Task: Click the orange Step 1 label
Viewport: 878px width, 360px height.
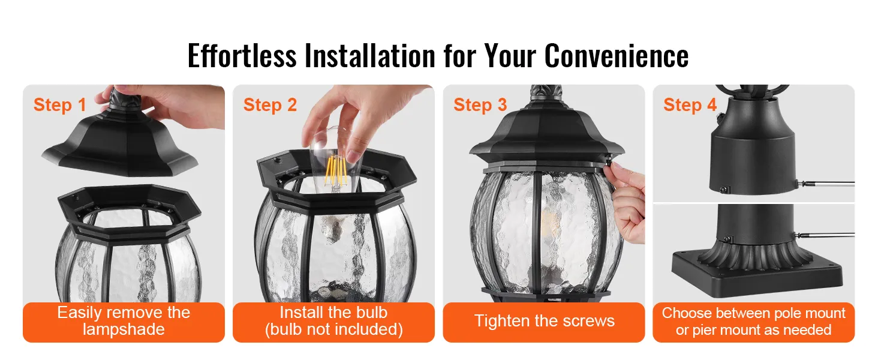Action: pyautogui.click(x=59, y=105)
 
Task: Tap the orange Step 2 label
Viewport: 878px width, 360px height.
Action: pyautogui.click(x=270, y=105)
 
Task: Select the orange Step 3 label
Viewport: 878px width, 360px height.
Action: pyautogui.click(x=480, y=105)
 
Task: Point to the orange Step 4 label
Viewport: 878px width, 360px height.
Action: pyautogui.click(x=690, y=105)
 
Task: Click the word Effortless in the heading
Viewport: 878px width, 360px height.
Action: pyautogui.click(x=242, y=56)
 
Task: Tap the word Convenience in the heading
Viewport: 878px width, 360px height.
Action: pyautogui.click(x=616, y=56)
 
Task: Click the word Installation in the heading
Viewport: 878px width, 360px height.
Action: pyautogui.click(x=370, y=56)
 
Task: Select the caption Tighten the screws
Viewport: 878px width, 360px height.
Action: pyautogui.click(x=544, y=321)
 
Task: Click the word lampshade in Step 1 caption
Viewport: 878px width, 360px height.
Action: pyautogui.click(x=124, y=329)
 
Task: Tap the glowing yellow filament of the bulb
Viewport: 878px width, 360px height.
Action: pyautogui.click(x=335, y=170)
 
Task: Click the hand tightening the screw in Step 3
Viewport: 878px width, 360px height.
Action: pyautogui.click(x=627, y=204)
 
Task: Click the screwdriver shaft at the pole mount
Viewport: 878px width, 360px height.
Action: pyautogui.click(x=827, y=183)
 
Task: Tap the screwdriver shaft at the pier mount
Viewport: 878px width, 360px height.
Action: pyautogui.click(x=827, y=235)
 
